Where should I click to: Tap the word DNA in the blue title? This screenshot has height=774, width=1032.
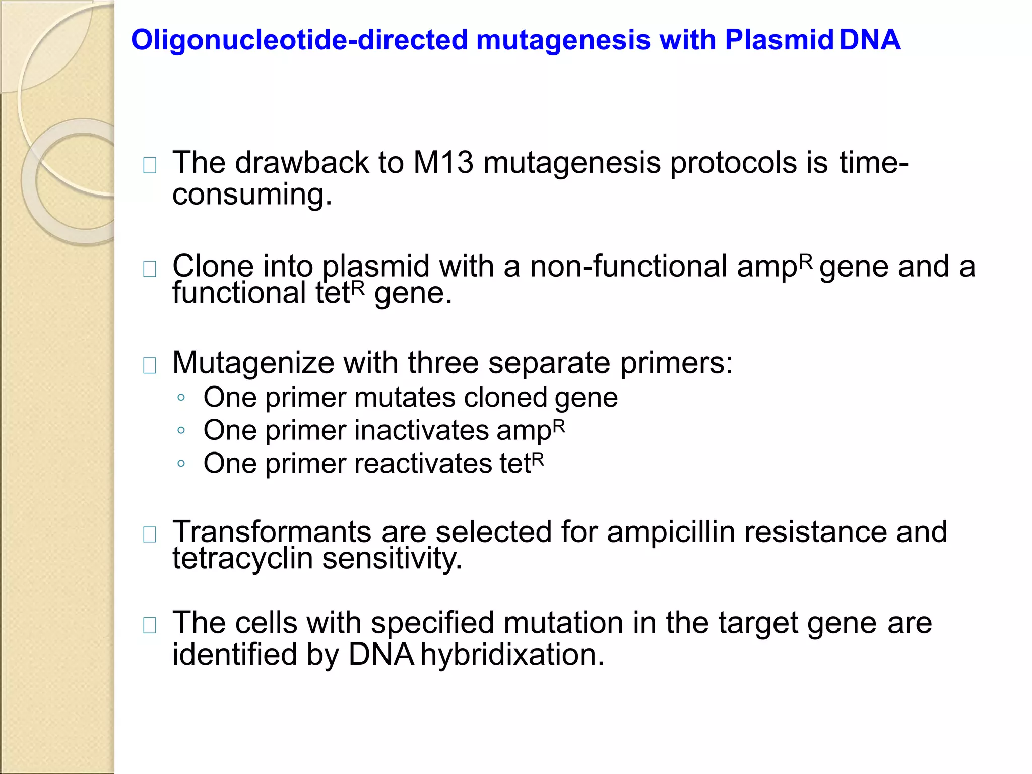870,40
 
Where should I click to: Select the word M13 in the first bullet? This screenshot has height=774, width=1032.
443,163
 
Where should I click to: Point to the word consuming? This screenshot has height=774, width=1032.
252,195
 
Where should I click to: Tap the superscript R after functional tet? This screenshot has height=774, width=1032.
357,287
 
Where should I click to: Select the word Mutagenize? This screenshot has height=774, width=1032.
253,363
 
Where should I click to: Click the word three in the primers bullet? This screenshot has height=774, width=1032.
443,363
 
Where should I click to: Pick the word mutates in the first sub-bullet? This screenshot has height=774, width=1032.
405,398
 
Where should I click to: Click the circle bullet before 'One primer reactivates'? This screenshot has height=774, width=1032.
181,463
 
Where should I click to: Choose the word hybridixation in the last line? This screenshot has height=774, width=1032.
512,655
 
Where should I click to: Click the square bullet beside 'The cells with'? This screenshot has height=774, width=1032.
150,625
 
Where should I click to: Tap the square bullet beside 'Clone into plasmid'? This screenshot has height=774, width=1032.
150,269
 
